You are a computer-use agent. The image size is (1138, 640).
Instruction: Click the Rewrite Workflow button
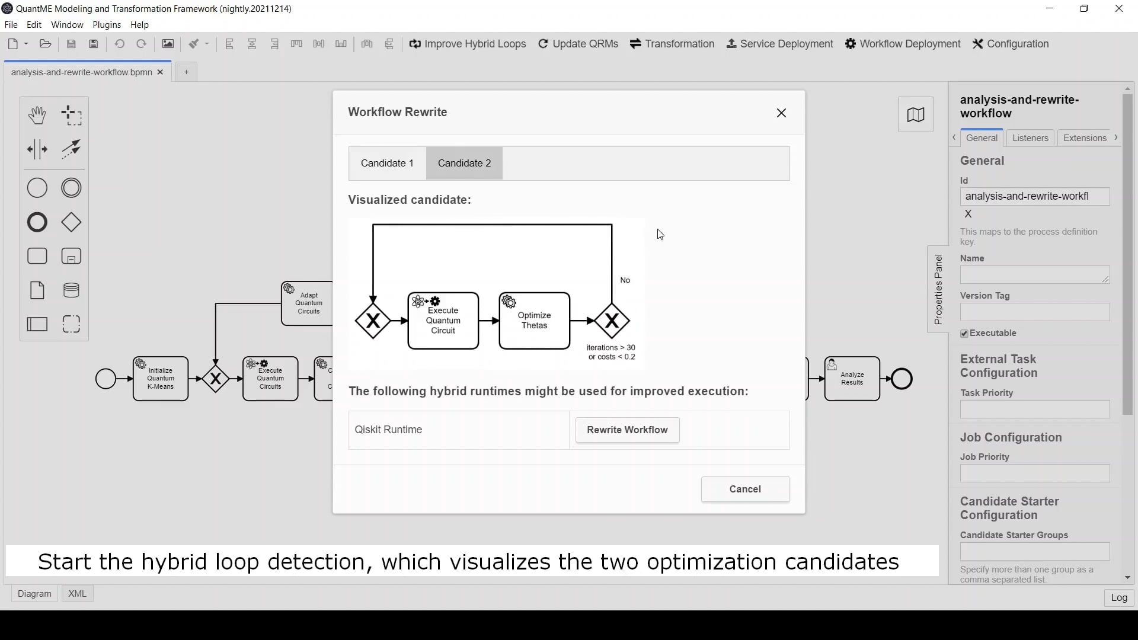coord(627,430)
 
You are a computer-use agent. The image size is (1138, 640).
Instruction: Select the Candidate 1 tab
coord(387,163)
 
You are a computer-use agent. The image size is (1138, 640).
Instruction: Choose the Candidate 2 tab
coord(464,163)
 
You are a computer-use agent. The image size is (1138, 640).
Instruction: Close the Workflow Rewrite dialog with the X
coord(781,113)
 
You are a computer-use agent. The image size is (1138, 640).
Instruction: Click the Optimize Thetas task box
coord(534,321)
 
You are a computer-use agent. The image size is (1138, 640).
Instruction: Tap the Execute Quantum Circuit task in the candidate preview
coord(443,321)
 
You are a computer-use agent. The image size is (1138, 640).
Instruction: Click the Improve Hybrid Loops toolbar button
coord(468,44)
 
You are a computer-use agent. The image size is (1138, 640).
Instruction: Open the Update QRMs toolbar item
coord(578,44)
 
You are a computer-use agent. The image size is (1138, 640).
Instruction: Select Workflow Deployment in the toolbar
coord(903,44)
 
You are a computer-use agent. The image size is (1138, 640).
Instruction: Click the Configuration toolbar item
coord(1011,44)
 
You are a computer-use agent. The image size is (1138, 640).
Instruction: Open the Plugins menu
coord(107,25)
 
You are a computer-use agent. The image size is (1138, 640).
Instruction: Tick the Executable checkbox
coord(964,334)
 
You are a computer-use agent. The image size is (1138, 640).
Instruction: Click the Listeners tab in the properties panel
coord(1030,138)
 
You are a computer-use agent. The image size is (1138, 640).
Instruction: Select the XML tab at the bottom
coord(77,594)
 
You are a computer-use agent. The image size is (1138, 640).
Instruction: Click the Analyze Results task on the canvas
coord(852,379)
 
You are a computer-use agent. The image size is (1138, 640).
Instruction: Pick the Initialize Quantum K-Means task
coord(161,379)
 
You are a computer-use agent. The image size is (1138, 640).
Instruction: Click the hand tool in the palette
coord(37,115)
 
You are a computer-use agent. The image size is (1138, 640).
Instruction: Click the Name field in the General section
coord(1034,275)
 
